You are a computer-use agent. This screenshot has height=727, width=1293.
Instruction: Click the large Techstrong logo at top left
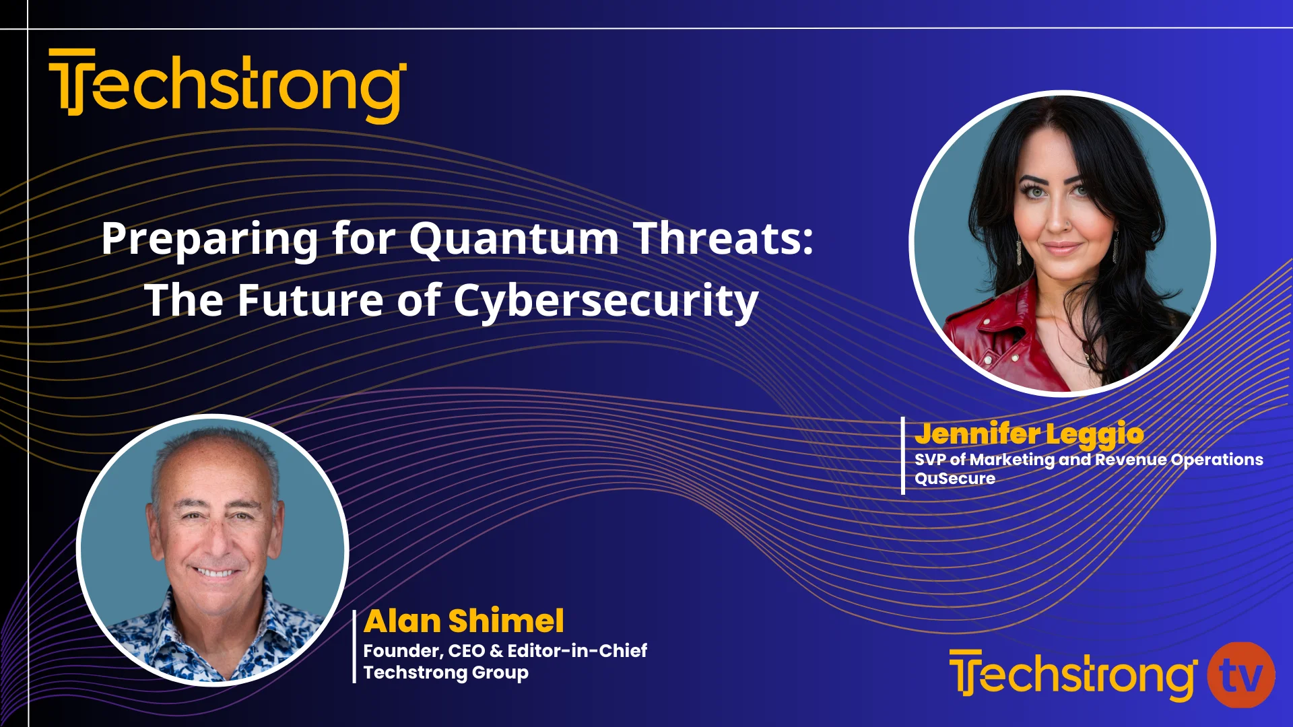point(228,85)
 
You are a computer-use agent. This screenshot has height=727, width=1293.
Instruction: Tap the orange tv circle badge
point(1240,675)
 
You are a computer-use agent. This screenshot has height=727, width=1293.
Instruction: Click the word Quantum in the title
point(514,238)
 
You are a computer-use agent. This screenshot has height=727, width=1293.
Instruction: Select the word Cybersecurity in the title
point(606,300)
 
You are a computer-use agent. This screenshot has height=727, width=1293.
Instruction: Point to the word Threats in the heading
point(724,238)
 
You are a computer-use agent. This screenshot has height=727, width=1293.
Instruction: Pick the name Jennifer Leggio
point(1029,434)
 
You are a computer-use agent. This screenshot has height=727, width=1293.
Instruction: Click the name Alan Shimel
point(464,621)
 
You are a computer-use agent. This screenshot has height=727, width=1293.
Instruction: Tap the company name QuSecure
point(955,479)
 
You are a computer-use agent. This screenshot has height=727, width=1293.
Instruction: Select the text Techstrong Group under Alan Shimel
point(446,672)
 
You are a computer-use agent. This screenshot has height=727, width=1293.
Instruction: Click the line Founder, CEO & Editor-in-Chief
point(505,650)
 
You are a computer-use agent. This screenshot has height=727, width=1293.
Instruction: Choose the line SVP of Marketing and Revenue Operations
point(1089,460)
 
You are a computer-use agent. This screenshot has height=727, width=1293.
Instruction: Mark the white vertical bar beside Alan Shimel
point(354,647)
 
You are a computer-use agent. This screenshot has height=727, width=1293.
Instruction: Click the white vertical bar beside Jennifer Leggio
point(903,456)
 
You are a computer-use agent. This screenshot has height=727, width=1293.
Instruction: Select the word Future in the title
point(310,300)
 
